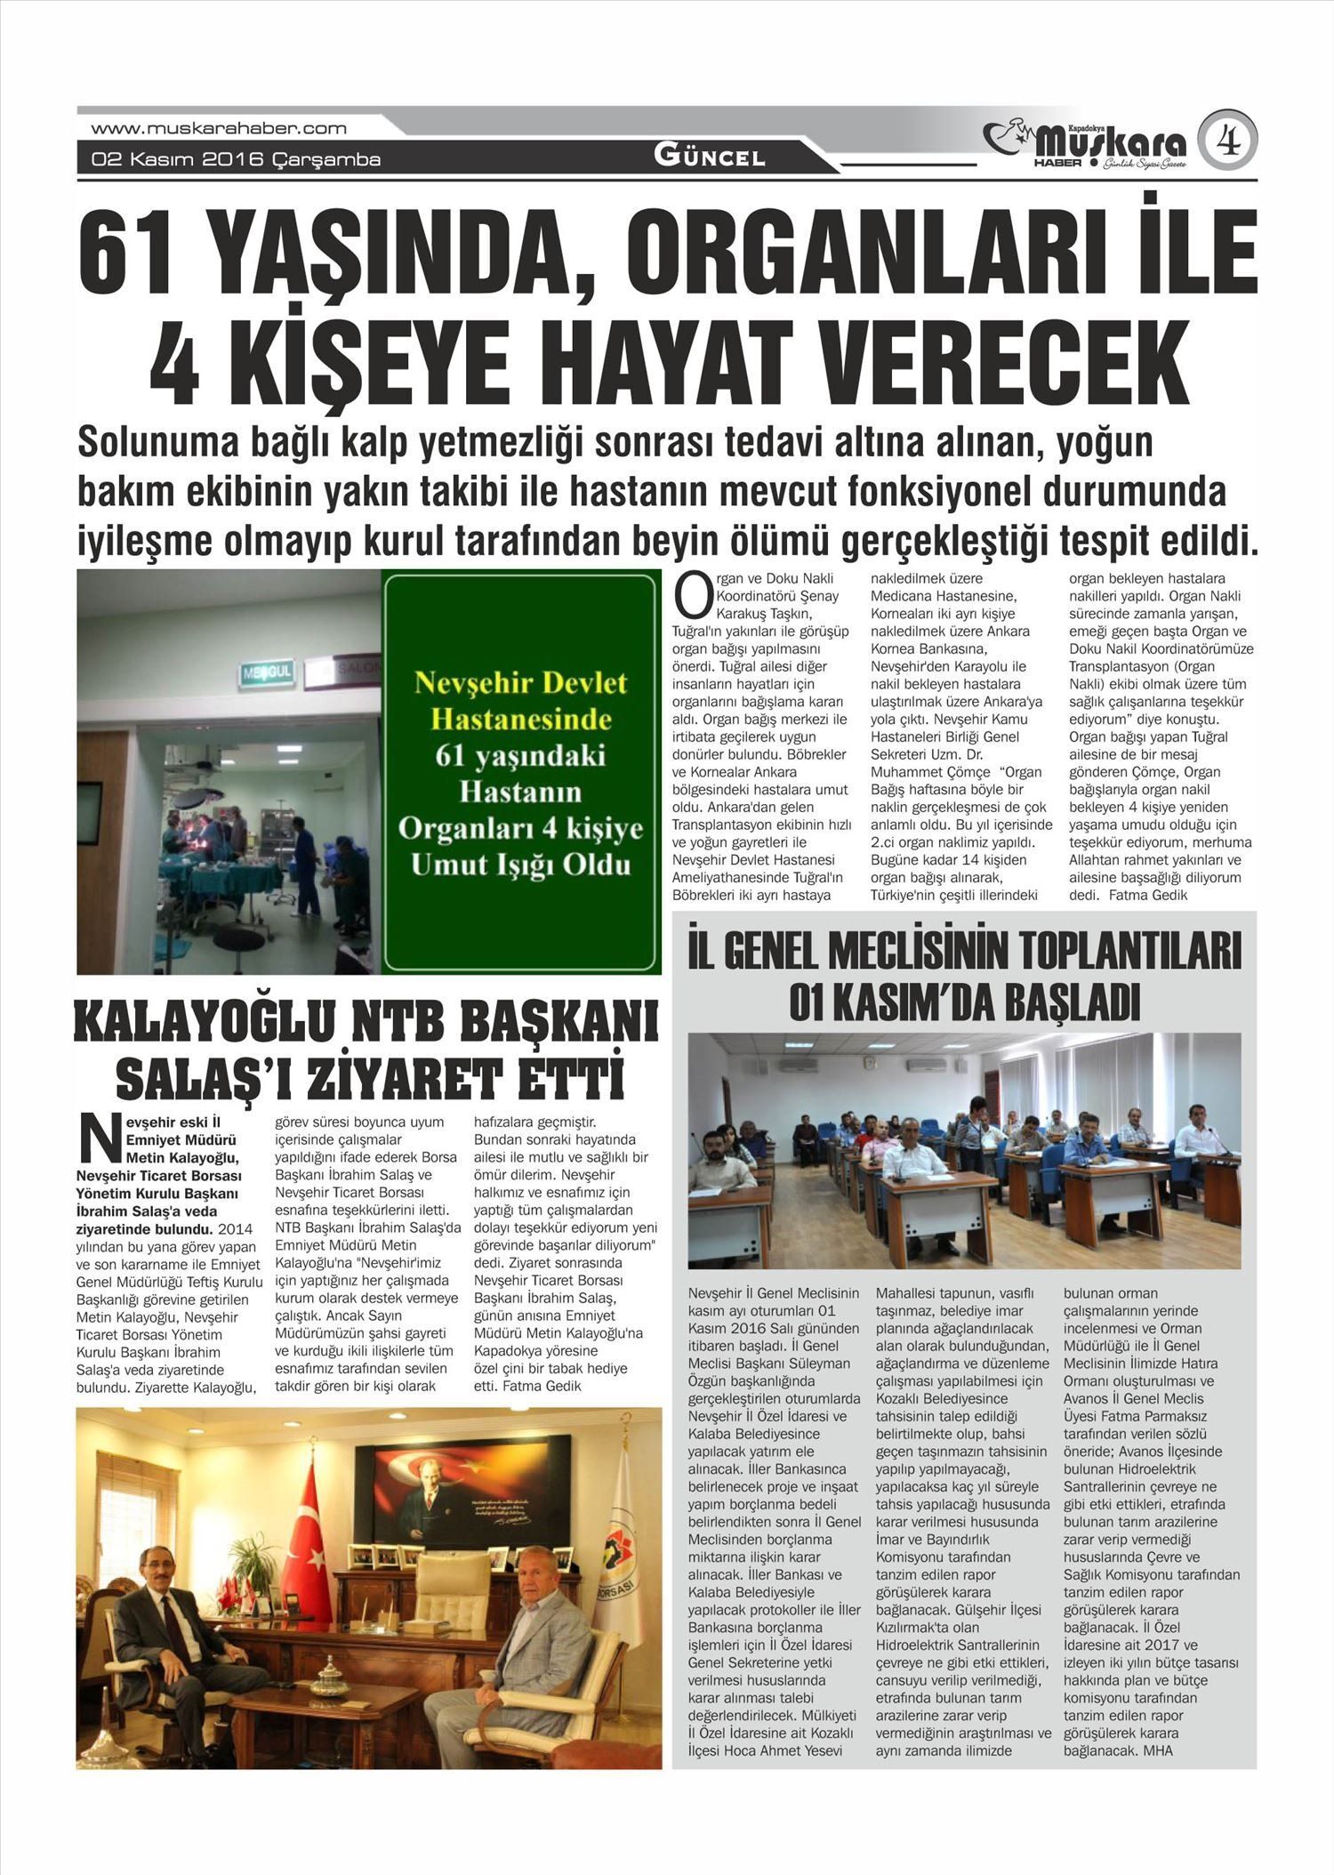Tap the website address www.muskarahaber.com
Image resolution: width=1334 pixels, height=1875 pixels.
tap(219, 128)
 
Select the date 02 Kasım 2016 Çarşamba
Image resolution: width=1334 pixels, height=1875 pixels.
tap(236, 160)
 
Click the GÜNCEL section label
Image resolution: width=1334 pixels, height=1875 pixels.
tap(710, 157)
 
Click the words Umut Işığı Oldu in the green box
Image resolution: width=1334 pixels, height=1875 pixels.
tap(521, 864)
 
